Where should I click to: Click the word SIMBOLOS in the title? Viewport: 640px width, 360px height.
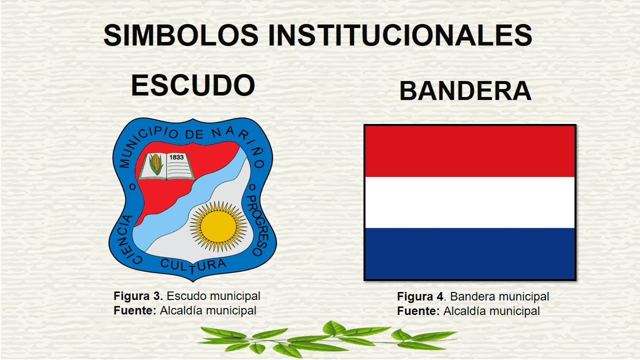click(181, 35)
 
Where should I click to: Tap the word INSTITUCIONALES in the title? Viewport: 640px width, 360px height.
click(400, 35)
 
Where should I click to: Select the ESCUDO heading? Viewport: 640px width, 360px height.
click(193, 85)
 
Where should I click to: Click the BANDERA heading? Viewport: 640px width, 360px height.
click(465, 91)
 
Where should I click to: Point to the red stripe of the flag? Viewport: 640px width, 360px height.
click(470, 151)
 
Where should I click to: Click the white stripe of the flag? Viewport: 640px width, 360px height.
click(470, 202)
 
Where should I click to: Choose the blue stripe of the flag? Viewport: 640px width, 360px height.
click(470, 253)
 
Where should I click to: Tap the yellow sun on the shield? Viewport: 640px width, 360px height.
click(218, 226)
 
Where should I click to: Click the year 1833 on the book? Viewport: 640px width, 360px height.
click(176, 157)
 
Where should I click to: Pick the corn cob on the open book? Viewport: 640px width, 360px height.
click(156, 164)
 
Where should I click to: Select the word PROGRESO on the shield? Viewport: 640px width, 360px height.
click(257, 225)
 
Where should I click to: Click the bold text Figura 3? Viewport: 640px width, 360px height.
click(138, 296)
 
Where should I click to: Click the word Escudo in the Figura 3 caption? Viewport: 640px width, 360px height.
click(184, 296)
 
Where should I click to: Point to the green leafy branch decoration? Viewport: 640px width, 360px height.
click(327, 339)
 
